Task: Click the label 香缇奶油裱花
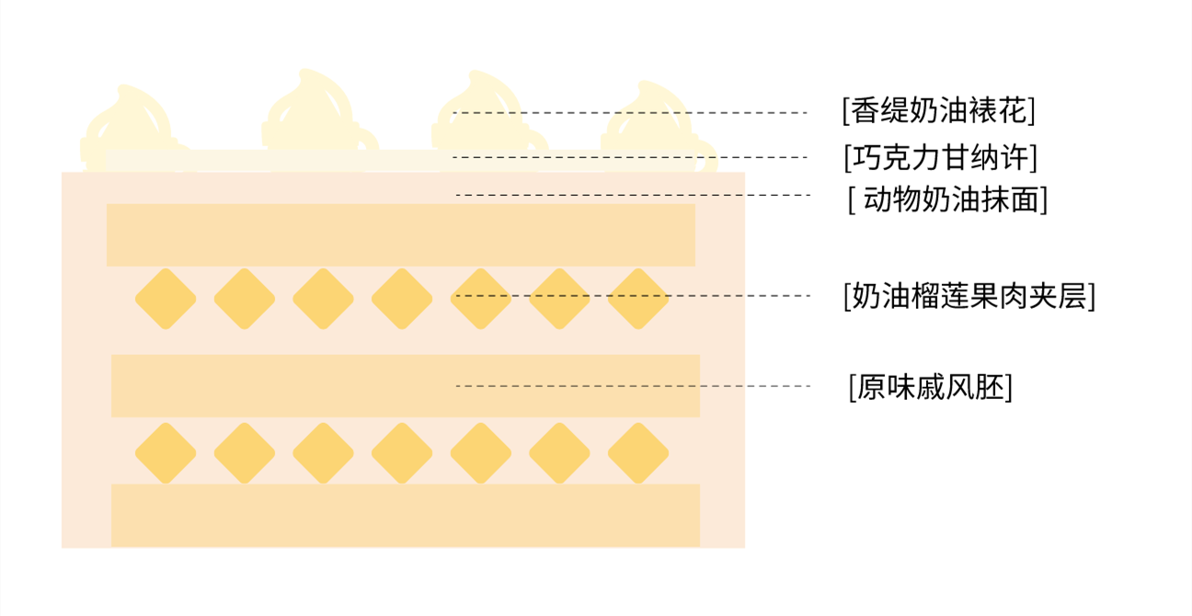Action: point(938,111)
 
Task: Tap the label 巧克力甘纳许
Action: point(940,157)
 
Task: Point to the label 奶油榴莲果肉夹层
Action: point(968,296)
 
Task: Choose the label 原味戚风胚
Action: point(930,387)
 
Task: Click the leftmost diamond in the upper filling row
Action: point(166,299)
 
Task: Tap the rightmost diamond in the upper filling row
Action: point(638,299)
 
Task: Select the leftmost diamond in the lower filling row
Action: point(166,453)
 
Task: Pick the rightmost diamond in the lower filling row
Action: point(638,453)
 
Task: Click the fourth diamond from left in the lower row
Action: point(402,453)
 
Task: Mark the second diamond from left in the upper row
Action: point(245,299)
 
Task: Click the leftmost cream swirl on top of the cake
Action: point(129,124)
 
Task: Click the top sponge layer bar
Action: point(400,235)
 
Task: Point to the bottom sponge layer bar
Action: point(405,516)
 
